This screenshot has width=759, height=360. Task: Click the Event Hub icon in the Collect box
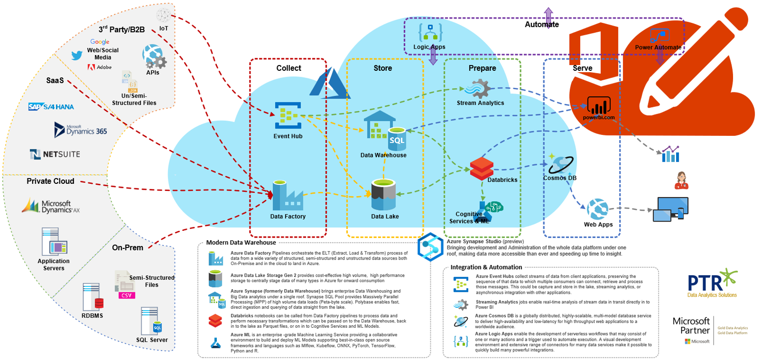(288, 116)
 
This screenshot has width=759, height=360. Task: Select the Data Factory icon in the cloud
(288, 196)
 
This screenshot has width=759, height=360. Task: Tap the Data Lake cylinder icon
(384, 195)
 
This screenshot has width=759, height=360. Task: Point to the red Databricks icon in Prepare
(482, 169)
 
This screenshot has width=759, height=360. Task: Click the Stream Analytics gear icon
(478, 89)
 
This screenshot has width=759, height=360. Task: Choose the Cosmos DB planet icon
(560, 165)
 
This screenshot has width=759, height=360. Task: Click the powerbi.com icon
(599, 106)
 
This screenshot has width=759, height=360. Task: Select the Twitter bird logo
(77, 55)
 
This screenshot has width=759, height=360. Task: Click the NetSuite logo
(55, 154)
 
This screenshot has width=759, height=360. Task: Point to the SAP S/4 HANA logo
(51, 107)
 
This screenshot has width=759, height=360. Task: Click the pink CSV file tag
(126, 295)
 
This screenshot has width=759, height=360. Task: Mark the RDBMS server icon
(92, 297)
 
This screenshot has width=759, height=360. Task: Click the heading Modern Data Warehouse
(241, 243)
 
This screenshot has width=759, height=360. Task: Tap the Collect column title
(289, 68)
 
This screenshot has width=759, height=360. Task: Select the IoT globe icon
(164, 15)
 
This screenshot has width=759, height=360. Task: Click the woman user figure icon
(681, 180)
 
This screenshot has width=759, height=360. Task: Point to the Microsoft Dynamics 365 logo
(81, 130)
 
